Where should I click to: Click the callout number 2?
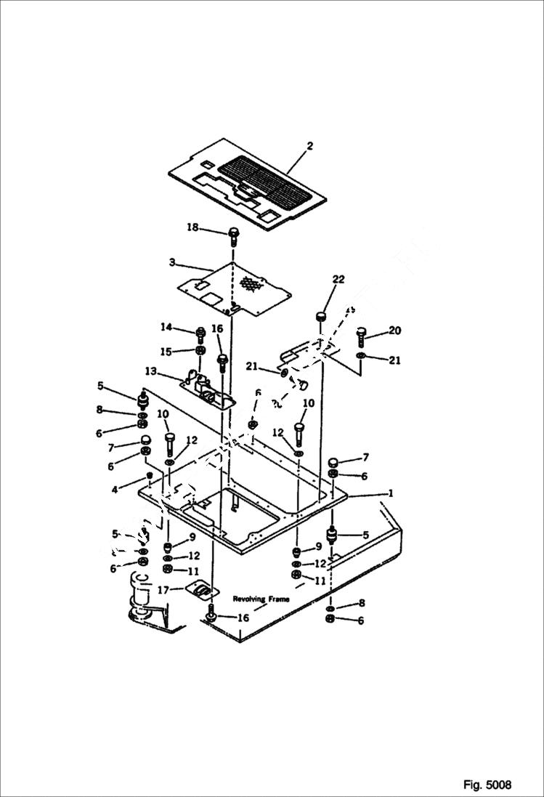click(309, 146)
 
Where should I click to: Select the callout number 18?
click(192, 228)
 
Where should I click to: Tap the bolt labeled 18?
click(234, 234)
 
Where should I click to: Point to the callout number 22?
click(338, 279)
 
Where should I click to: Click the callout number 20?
click(394, 331)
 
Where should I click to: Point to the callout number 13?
click(150, 371)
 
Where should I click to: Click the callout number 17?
click(164, 591)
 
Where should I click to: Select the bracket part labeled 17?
click(201, 589)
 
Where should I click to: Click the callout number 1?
click(391, 493)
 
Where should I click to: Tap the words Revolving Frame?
click(261, 599)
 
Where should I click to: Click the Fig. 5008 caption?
click(487, 785)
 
